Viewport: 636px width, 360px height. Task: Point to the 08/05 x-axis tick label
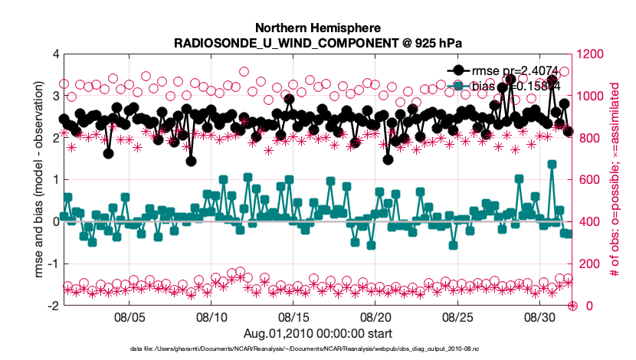click(x=129, y=316)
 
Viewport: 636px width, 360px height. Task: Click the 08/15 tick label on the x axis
click(x=293, y=316)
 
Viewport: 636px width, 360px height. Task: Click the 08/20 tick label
click(x=375, y=316)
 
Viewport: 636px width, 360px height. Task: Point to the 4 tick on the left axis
click(x=55, y=54)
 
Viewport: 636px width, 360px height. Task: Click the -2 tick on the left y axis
click(x=53, y=306)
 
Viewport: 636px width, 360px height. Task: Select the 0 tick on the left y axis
click(x=55, y=222)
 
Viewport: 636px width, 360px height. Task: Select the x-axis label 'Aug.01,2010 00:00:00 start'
click(x=318, y=333)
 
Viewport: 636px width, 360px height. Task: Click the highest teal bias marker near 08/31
click(x=552, y=164)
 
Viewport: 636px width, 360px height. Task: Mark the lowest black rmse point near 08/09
click(x=191, y=162)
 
